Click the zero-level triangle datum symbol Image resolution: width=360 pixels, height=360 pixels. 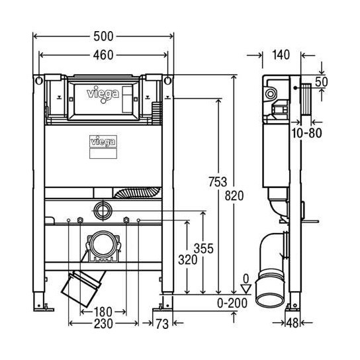pos(246,289)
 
